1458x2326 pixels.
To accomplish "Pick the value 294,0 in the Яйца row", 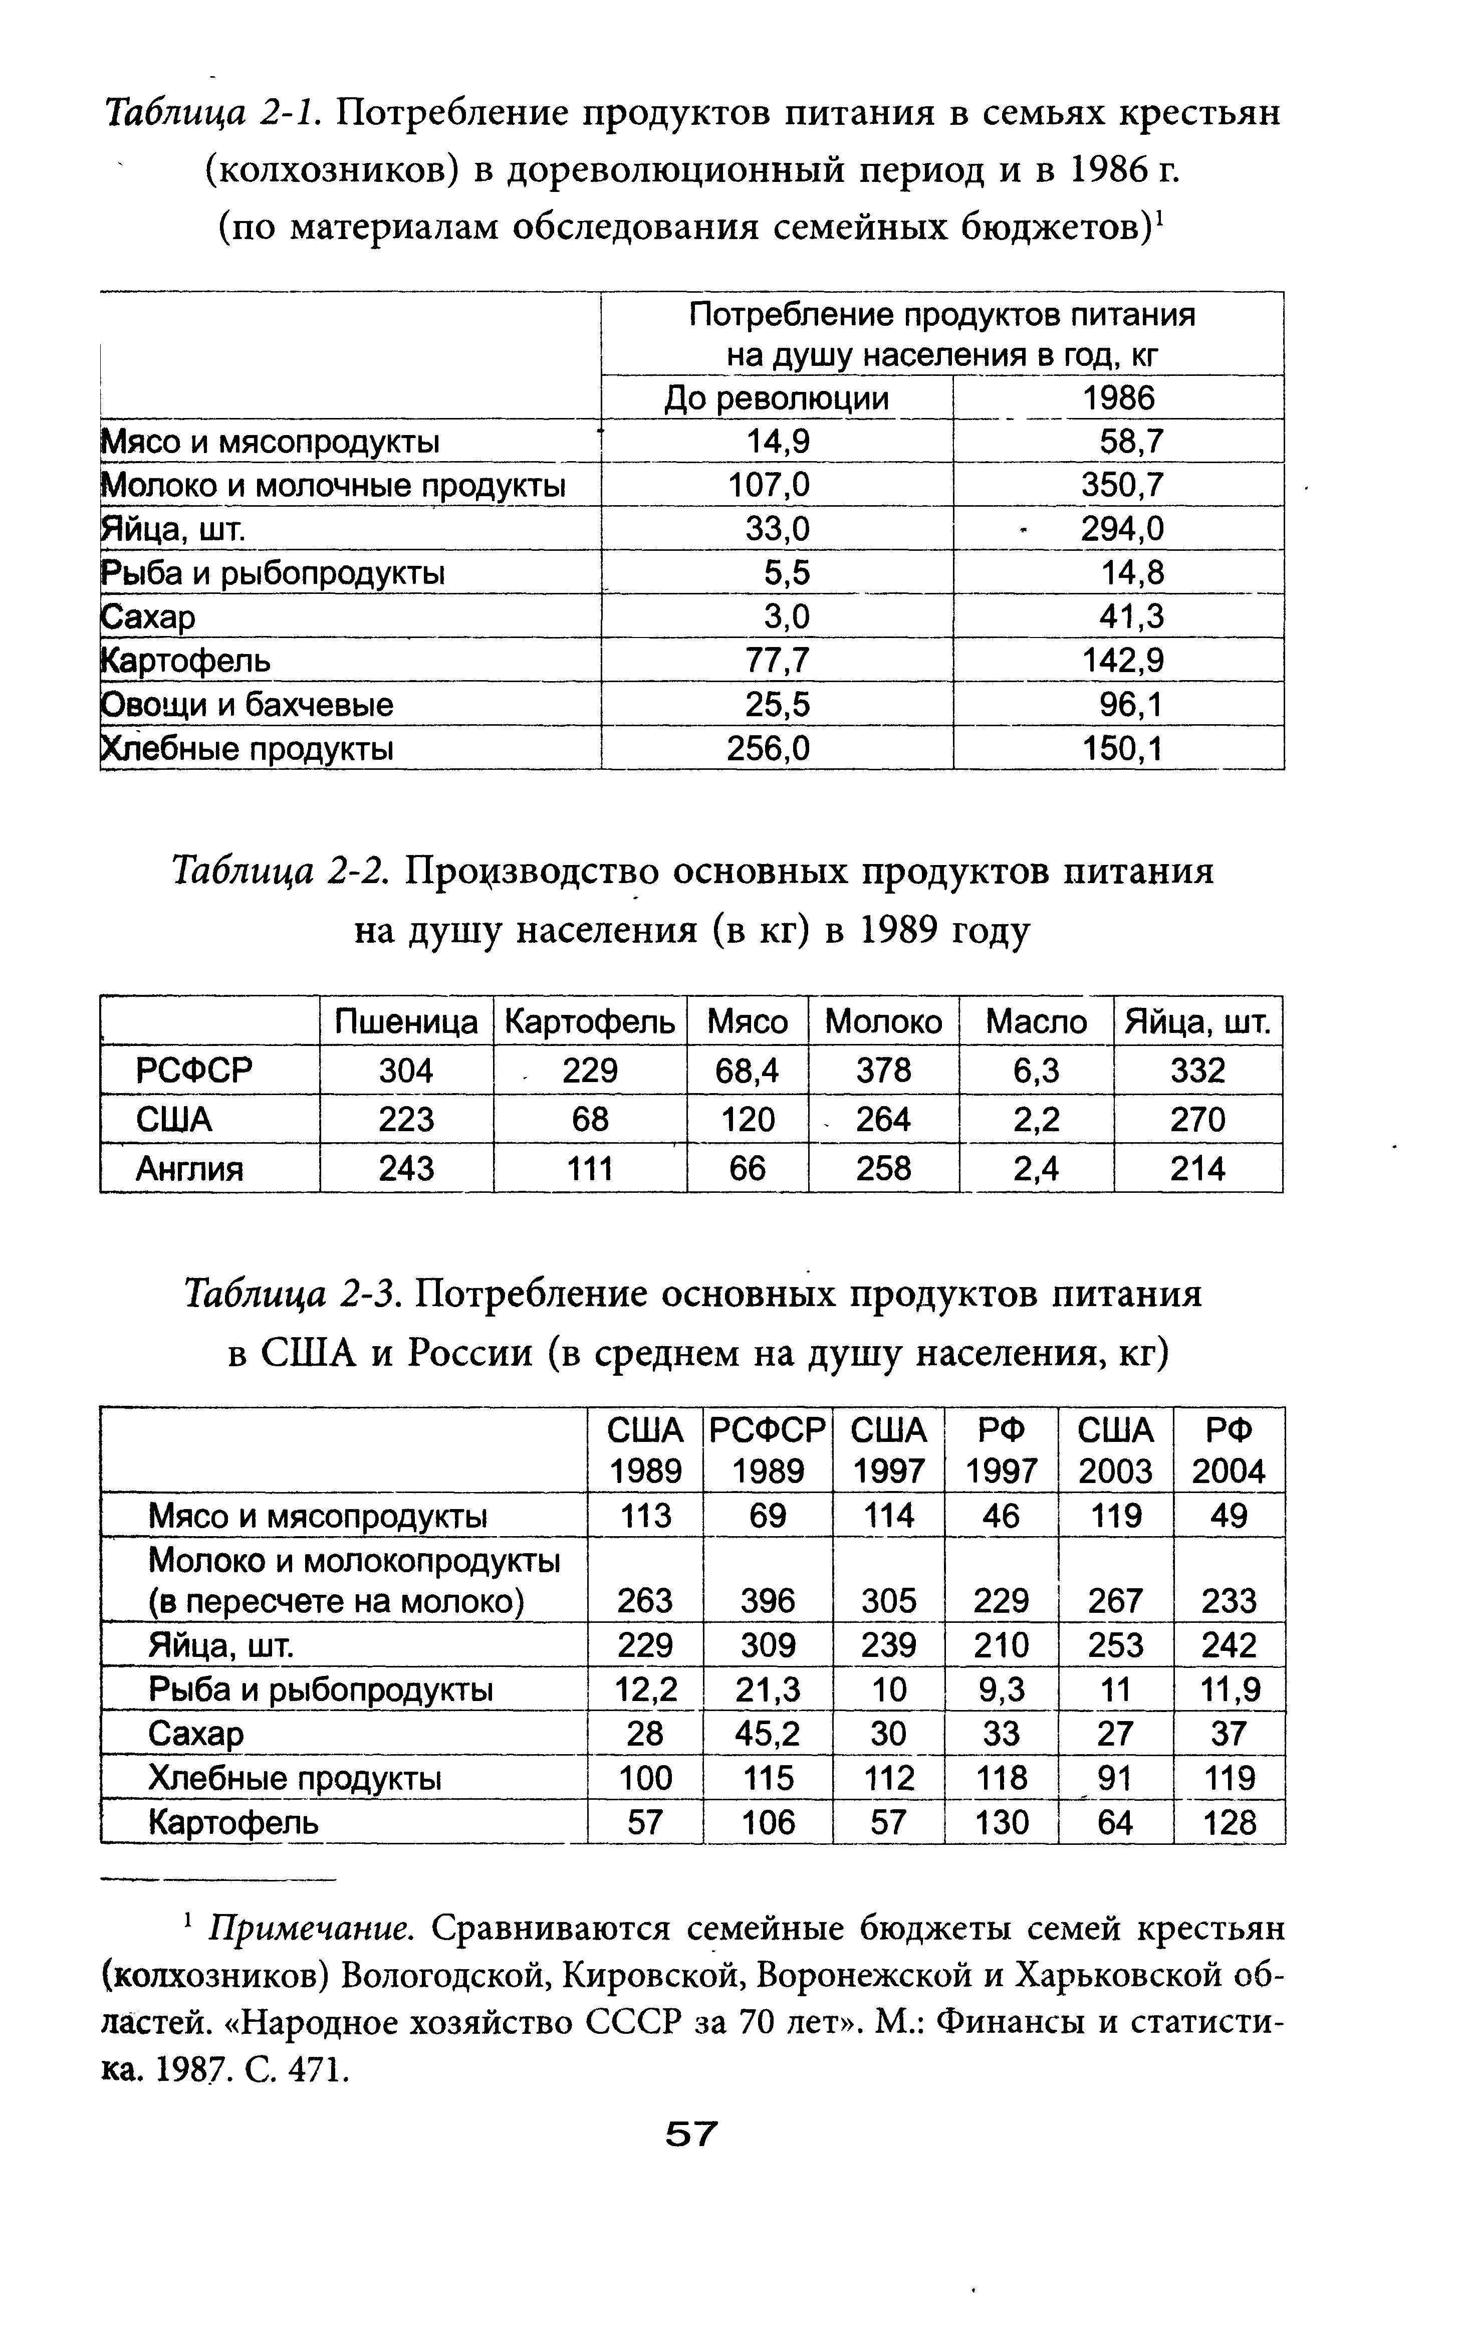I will (1121, 528).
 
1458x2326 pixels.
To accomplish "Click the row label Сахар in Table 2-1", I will (149, 616).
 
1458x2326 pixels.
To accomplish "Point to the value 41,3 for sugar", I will (1131, 616).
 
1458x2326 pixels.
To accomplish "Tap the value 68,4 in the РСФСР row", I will (748, 1071).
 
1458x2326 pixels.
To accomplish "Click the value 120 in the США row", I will (748, 1120).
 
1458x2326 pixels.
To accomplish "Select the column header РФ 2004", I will (1229, 1449).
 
